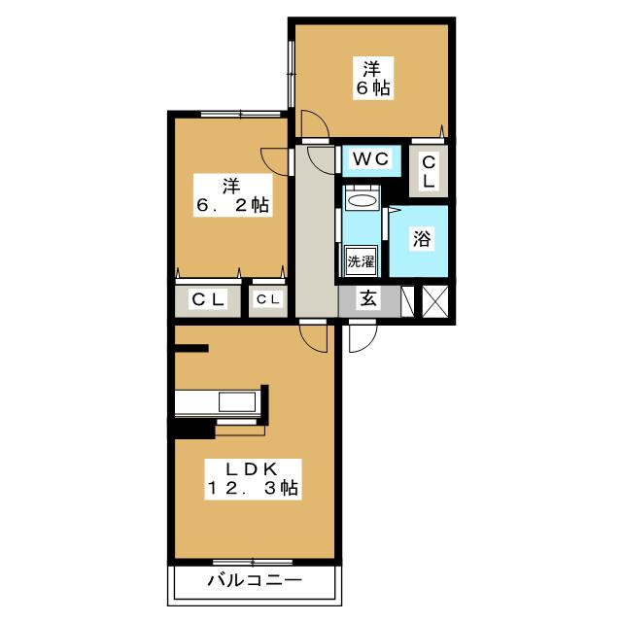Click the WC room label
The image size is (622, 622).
point(371,159)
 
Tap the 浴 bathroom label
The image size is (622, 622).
point(422,239)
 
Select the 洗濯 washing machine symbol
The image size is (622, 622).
point(361,261)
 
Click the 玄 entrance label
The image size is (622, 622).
point(368,298)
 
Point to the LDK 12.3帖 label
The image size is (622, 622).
point(253,479)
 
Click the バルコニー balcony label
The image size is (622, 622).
point(255,581)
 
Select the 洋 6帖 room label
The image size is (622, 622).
point(373,78)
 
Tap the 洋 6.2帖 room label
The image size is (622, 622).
point(233,195)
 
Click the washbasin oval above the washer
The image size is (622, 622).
point(361,201)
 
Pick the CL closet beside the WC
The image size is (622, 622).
point(429,171)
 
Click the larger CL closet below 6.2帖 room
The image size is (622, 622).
point(208,300)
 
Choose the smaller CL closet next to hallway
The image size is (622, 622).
point(268,300)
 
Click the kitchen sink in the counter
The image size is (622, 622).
point(237,402)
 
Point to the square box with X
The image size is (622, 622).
point(434,301)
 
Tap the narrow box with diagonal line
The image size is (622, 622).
point(407,301)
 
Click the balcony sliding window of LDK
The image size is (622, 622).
point(253,562)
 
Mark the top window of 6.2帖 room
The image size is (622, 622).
point(240,115)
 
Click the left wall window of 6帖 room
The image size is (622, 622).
point(292,74)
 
